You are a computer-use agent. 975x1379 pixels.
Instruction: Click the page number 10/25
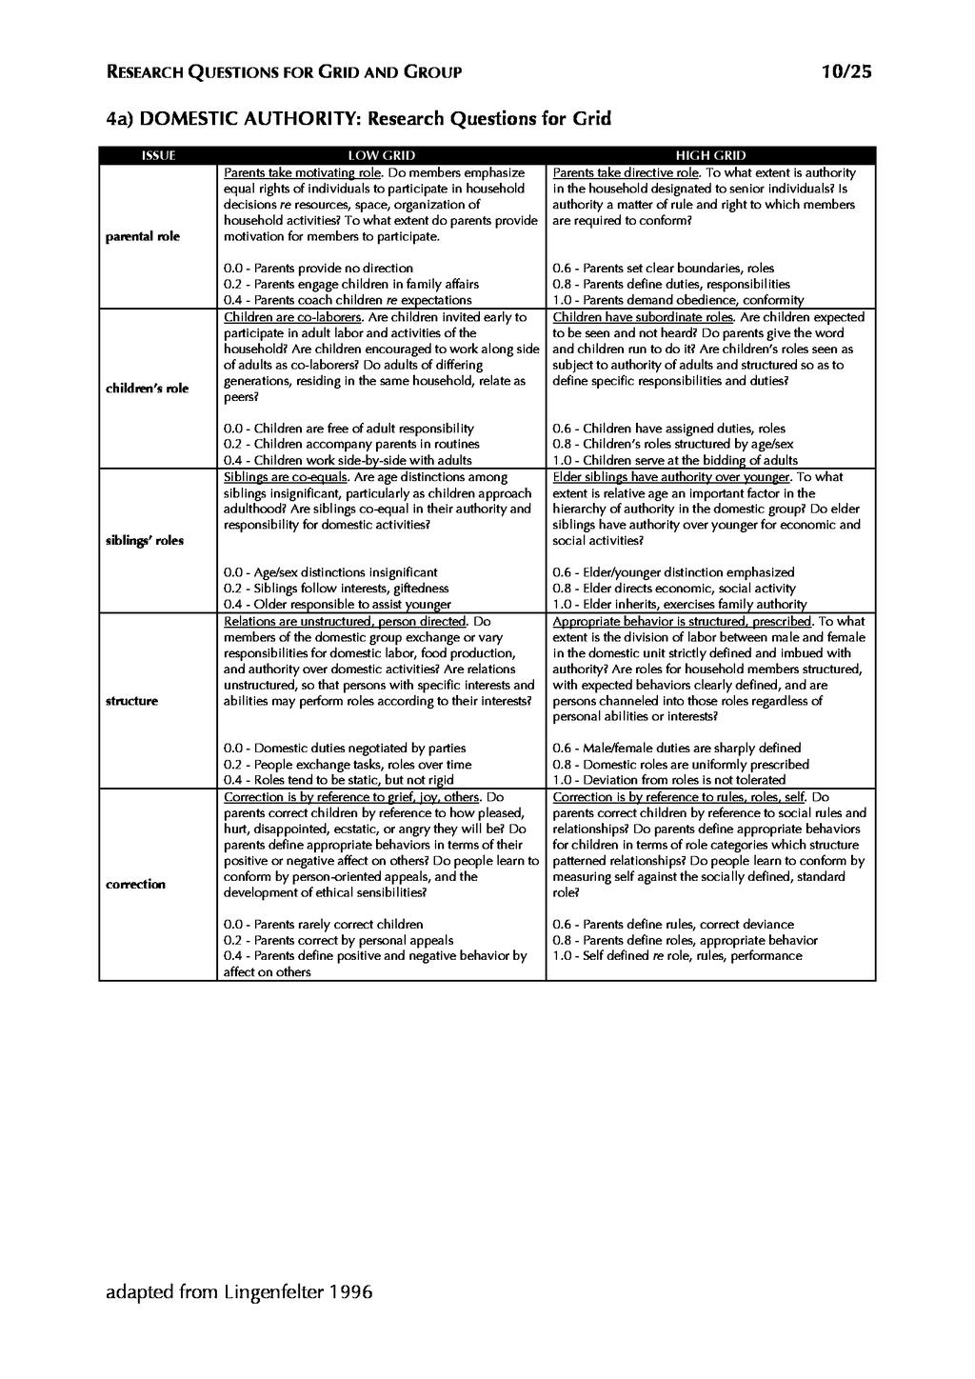(846, 72)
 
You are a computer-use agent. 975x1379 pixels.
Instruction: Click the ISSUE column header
(158, 155)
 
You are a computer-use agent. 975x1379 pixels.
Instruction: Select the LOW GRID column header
(381, 155)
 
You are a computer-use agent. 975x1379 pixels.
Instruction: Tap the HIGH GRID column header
(710, 155)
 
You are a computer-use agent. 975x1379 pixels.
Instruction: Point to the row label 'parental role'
(143, 236)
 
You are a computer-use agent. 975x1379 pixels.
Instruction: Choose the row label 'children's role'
(147, 389)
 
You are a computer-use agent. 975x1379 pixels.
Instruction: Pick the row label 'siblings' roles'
(145, 541)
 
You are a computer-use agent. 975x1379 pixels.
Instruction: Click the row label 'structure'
(132, 701)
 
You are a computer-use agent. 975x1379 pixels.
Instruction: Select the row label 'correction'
(135, 885)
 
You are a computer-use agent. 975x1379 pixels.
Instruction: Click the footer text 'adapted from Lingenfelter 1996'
(239, 1292)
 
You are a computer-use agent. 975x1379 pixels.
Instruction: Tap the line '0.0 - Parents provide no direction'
(318, 269)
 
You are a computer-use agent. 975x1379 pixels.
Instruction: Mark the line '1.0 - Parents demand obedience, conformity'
(678, 300)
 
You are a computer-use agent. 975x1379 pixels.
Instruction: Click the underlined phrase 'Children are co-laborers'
(292, 317)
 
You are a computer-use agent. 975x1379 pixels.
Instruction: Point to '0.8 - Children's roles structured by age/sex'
(672, 445)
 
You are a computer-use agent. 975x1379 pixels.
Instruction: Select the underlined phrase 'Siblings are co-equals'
(285, 477)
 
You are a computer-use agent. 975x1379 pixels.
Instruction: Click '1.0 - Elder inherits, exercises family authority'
(679, 605)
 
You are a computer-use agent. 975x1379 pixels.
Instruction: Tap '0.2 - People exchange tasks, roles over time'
(347, 765)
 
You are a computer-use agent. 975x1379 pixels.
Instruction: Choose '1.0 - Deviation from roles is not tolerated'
(668, 780)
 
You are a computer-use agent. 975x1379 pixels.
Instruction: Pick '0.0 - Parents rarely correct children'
(323, 925)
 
